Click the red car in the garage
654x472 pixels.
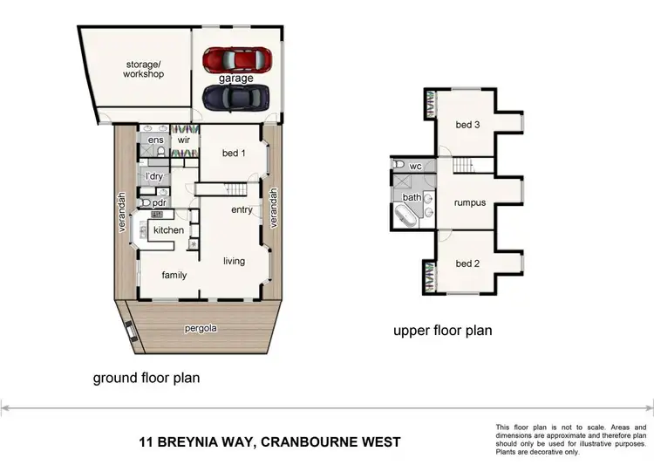tap(237, 59)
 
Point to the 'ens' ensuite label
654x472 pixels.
tap(156, 140)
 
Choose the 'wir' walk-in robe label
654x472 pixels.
tap(184, 140)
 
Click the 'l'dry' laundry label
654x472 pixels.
tap(156, 175)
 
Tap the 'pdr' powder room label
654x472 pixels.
tap(160, 203)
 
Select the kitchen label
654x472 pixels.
tap(168, 229)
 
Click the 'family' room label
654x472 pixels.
tap(174, 275)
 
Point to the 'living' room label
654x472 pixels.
tap(234, 261)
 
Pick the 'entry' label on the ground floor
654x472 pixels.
tap(242, 210)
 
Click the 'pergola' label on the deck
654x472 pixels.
tap(200, 328)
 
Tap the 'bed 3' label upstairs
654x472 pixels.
tap(467, 125)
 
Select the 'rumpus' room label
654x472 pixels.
tap(469, 203)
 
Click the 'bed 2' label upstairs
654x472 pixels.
tap(467, 263)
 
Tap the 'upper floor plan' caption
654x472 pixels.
tap(442, 331)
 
